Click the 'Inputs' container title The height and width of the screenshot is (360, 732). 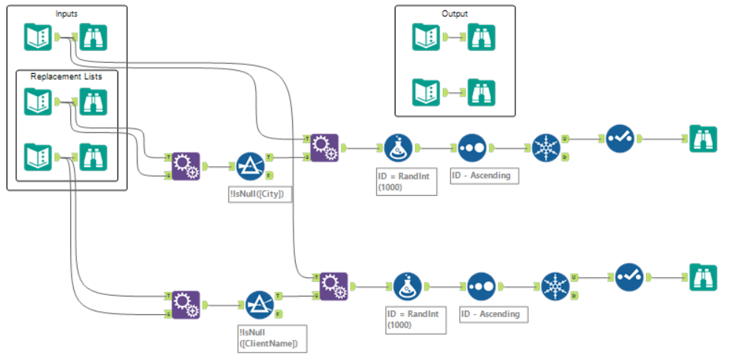(x=67, y=14)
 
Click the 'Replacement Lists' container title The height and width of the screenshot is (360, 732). (x=67, y=76)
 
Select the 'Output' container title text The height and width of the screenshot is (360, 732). (x=455, y=14)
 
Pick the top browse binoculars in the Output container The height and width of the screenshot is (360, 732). (x=481, y=37)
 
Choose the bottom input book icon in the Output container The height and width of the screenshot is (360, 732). (x=427, y=92)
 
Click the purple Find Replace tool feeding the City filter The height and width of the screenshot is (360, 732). (x=186, y=166)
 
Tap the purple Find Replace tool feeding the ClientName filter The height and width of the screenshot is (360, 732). (x=186, y=304)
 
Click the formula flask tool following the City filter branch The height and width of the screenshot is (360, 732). (x=399, y=148)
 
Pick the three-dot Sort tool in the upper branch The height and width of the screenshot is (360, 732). (x=472, y=148)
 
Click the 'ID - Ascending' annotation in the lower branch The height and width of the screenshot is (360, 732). (x=490, y=313)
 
